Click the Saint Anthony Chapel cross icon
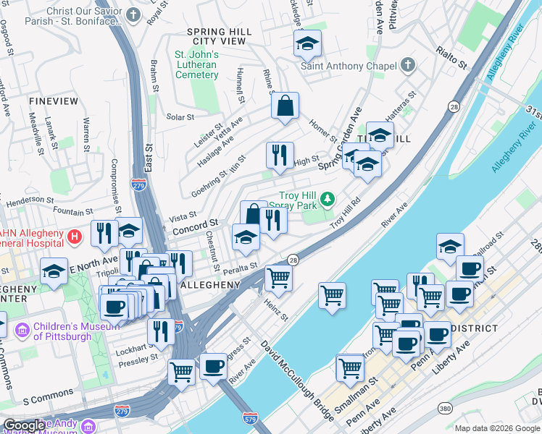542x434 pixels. coord(408,65)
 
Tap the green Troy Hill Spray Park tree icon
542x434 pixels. coord(328,197)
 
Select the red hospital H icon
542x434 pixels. coord(74,237)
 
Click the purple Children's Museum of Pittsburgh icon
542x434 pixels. coord(22,330)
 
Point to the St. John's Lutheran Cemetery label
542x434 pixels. coord(196,64)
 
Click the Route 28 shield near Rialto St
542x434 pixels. coord(454,106)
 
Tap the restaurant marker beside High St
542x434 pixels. coord(280,155)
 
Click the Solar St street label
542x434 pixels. coord(180,116)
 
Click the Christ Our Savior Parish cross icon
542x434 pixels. coord(133,14)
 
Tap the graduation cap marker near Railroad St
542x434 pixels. coord(450,247)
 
